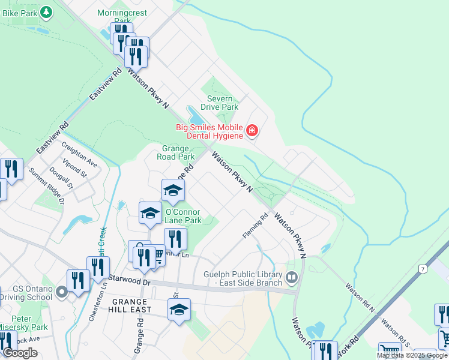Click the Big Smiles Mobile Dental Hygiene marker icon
[252, 130]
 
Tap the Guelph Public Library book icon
[292, 277]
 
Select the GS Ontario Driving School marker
[61, 293]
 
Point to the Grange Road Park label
[179, 152]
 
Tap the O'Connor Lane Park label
[184, 216]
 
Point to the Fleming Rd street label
[255, 226]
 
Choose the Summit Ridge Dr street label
[46, 185]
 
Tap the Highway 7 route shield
[423, 269]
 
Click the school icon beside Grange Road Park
[173, 190]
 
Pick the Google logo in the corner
[20, 353]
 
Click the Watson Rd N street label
[360, 298]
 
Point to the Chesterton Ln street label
[94, 306]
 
